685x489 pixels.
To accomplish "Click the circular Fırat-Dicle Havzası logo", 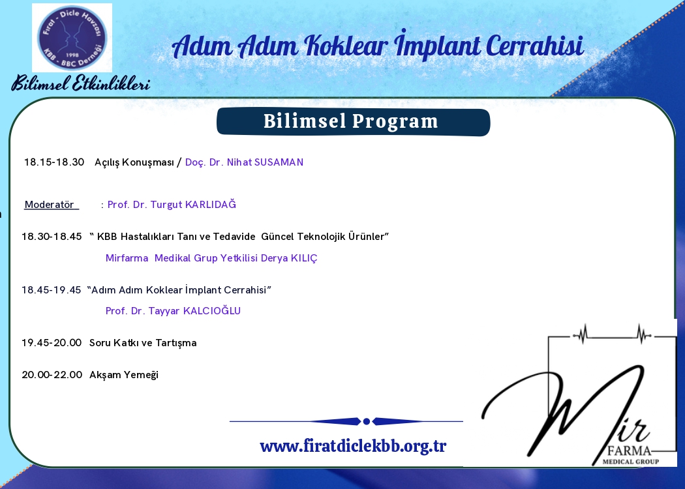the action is coord(72,38).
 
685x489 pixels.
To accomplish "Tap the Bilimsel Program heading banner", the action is coord(353,122).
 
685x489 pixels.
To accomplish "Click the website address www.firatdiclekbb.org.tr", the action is coord(353,446).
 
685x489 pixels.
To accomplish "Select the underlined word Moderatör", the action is coord(50,204).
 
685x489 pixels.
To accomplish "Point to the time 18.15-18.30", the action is coord(54,162).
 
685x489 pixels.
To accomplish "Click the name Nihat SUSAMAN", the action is coord(265,162).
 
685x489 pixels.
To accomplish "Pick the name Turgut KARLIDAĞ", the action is coord(193,204).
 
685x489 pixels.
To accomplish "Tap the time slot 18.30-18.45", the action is coord(52,237).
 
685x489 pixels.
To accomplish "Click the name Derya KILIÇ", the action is coord(289,258).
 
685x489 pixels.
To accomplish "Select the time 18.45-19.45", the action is coord(52,290).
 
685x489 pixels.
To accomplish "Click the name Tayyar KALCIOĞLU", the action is coord(194,311).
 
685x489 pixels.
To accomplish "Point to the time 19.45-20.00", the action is coord(52,343).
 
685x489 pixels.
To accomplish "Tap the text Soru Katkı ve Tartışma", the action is coord(143,343).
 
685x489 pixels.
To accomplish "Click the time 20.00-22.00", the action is coord(52,375).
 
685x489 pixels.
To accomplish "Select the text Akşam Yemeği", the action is coord(124,375).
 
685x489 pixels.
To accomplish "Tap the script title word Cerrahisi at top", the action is coord(535,46).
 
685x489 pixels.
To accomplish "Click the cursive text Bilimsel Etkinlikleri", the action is coord(81,83).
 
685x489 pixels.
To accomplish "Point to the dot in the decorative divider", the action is coord(367,421).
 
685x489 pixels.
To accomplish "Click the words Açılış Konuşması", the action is coord(134,162).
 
